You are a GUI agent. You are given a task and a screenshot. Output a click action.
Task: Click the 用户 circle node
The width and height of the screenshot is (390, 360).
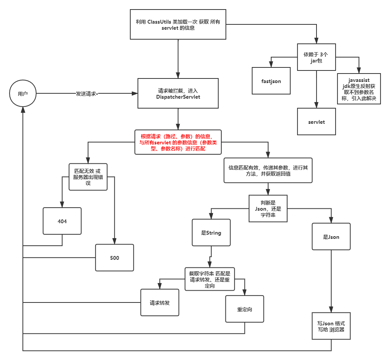click(23, 93)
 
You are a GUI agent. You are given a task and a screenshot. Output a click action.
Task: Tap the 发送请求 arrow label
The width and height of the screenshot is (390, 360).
click(87, 93)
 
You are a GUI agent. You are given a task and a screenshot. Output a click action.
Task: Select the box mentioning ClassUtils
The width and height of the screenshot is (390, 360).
click(178, 25)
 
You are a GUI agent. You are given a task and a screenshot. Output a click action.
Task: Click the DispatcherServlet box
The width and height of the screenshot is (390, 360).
click(178, 94)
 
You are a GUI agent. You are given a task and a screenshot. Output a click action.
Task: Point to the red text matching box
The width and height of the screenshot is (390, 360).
click(178, 142)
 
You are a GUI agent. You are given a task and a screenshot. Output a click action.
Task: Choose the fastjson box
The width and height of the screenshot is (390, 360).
click(271, 81)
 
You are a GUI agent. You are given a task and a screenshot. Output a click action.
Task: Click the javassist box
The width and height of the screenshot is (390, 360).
click(359, 89)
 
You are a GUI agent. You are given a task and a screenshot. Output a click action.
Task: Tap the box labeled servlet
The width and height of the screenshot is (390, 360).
click(316, 122)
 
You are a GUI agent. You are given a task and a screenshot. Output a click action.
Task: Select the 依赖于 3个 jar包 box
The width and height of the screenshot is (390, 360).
click(316, 57)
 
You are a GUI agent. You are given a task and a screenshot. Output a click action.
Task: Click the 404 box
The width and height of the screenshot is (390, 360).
click(62, 221)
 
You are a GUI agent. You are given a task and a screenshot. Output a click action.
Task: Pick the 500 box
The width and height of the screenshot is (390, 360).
click(114, 258)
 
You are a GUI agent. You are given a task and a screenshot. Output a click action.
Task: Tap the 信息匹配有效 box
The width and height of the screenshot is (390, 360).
click(268, 170)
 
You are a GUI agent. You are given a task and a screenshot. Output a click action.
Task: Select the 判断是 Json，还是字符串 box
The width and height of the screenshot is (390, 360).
click(268, 209)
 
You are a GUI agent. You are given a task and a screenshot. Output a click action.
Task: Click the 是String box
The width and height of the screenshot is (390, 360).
click(211, 232)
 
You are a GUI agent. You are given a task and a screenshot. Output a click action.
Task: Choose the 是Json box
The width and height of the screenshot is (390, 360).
click(331, 237)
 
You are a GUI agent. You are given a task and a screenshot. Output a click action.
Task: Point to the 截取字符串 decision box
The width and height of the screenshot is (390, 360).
click(209, 279)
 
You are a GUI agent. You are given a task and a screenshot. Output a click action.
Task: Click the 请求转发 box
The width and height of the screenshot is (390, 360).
click(160, 302)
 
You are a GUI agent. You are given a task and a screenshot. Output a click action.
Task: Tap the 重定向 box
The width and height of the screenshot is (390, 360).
click(245, 309)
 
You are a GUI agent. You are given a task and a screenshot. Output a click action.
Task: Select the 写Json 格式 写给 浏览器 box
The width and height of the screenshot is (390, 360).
click(331, 326)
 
